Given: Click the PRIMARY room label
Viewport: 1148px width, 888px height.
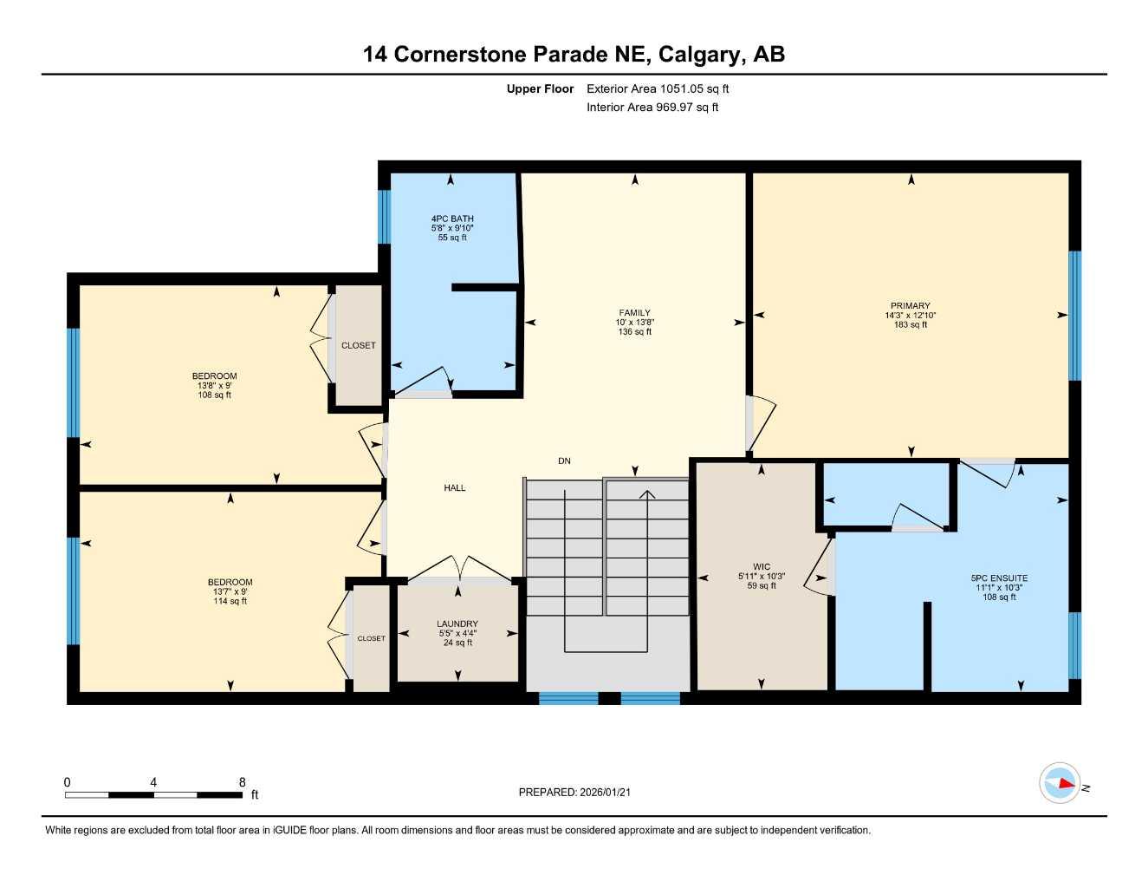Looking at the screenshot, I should tap(910, 306).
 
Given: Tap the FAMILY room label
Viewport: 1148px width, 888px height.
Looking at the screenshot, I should tap(634, 313).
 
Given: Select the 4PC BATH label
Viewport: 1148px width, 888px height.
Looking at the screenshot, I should tap(452, 219).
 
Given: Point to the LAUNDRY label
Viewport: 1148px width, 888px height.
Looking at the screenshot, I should tap(457, 624).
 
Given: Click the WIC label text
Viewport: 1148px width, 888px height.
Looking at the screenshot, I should tap(761, 567).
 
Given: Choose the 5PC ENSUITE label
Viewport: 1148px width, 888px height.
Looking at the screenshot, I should tap(999, 578).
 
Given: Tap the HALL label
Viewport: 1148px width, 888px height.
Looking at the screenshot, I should tap(455, 488).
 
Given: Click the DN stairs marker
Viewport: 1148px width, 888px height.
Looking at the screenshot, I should tap(564, 461).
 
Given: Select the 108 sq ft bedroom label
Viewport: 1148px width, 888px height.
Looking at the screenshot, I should tap(214, 377).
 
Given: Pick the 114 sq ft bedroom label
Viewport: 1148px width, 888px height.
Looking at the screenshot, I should tap(230, 583).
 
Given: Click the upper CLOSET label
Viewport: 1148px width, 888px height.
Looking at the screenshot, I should tap(359, 345).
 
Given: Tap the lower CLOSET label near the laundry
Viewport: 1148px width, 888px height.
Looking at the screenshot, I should tap(371, 638).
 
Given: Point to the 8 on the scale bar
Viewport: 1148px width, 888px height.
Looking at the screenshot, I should tap(242, 782).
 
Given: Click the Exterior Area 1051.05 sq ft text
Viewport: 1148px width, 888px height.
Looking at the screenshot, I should tap(658, 88).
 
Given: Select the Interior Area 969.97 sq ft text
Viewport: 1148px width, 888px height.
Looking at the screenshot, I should tap(652, 108).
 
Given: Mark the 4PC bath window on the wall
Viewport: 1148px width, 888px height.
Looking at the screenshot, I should tap(384, 217).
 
